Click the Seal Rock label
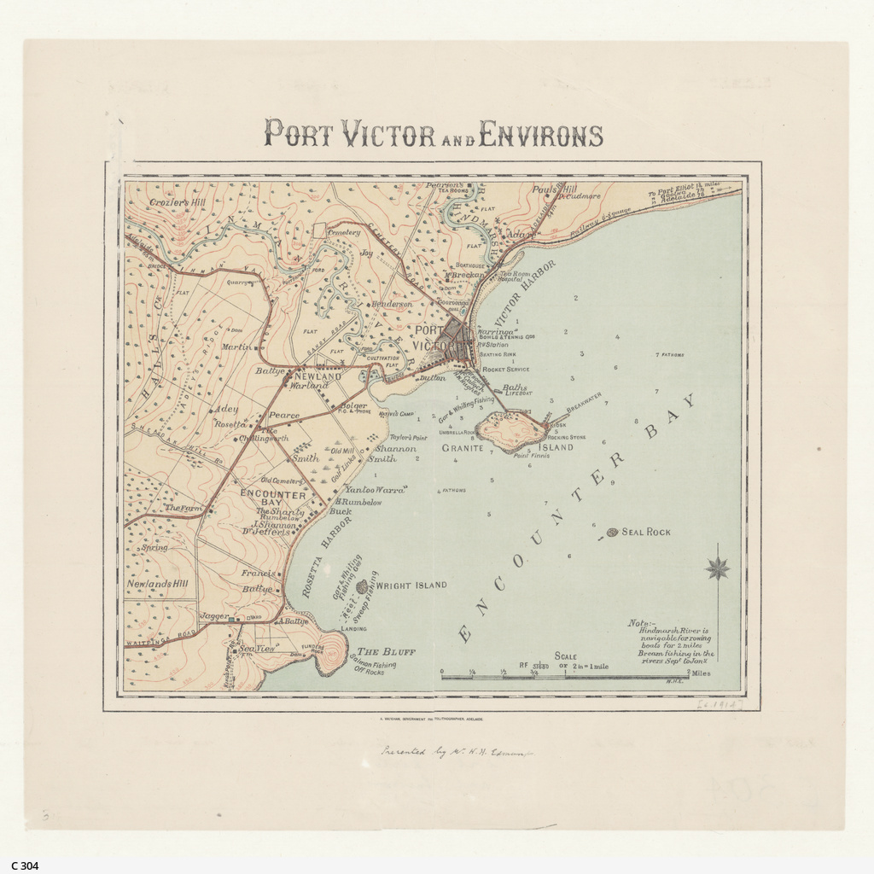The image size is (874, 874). [646, 532]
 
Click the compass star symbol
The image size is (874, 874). [718, 568]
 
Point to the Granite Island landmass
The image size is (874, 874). [511, 428]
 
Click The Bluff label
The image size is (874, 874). [386, 651]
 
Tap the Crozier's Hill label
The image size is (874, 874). [178, 202]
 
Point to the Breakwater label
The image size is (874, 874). [584, 402]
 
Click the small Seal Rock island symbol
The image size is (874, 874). [612, 533]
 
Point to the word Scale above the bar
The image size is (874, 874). [565, 656]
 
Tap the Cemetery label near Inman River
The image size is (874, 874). [344, 232]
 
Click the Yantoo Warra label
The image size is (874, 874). [376, 490]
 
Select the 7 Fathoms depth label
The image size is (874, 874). [669, 354]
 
